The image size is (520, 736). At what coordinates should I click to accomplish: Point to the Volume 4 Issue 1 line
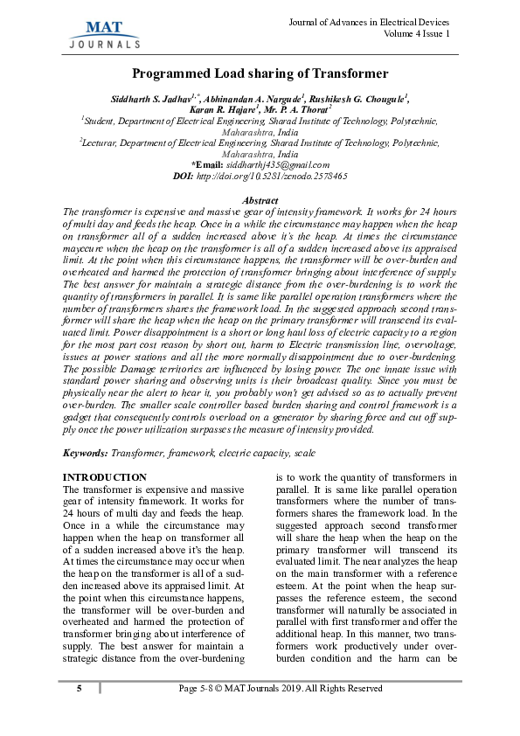tap(417, 33)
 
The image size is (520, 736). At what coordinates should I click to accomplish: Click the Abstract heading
tap(260, 201)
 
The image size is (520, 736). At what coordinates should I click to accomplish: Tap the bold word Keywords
tap(86, 455)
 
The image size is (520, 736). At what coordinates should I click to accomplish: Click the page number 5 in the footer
tap(79, 689)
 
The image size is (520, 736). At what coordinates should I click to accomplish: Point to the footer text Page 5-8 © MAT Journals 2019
tap(280, 689)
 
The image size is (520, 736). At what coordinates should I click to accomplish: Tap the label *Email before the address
tap(207, 164)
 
